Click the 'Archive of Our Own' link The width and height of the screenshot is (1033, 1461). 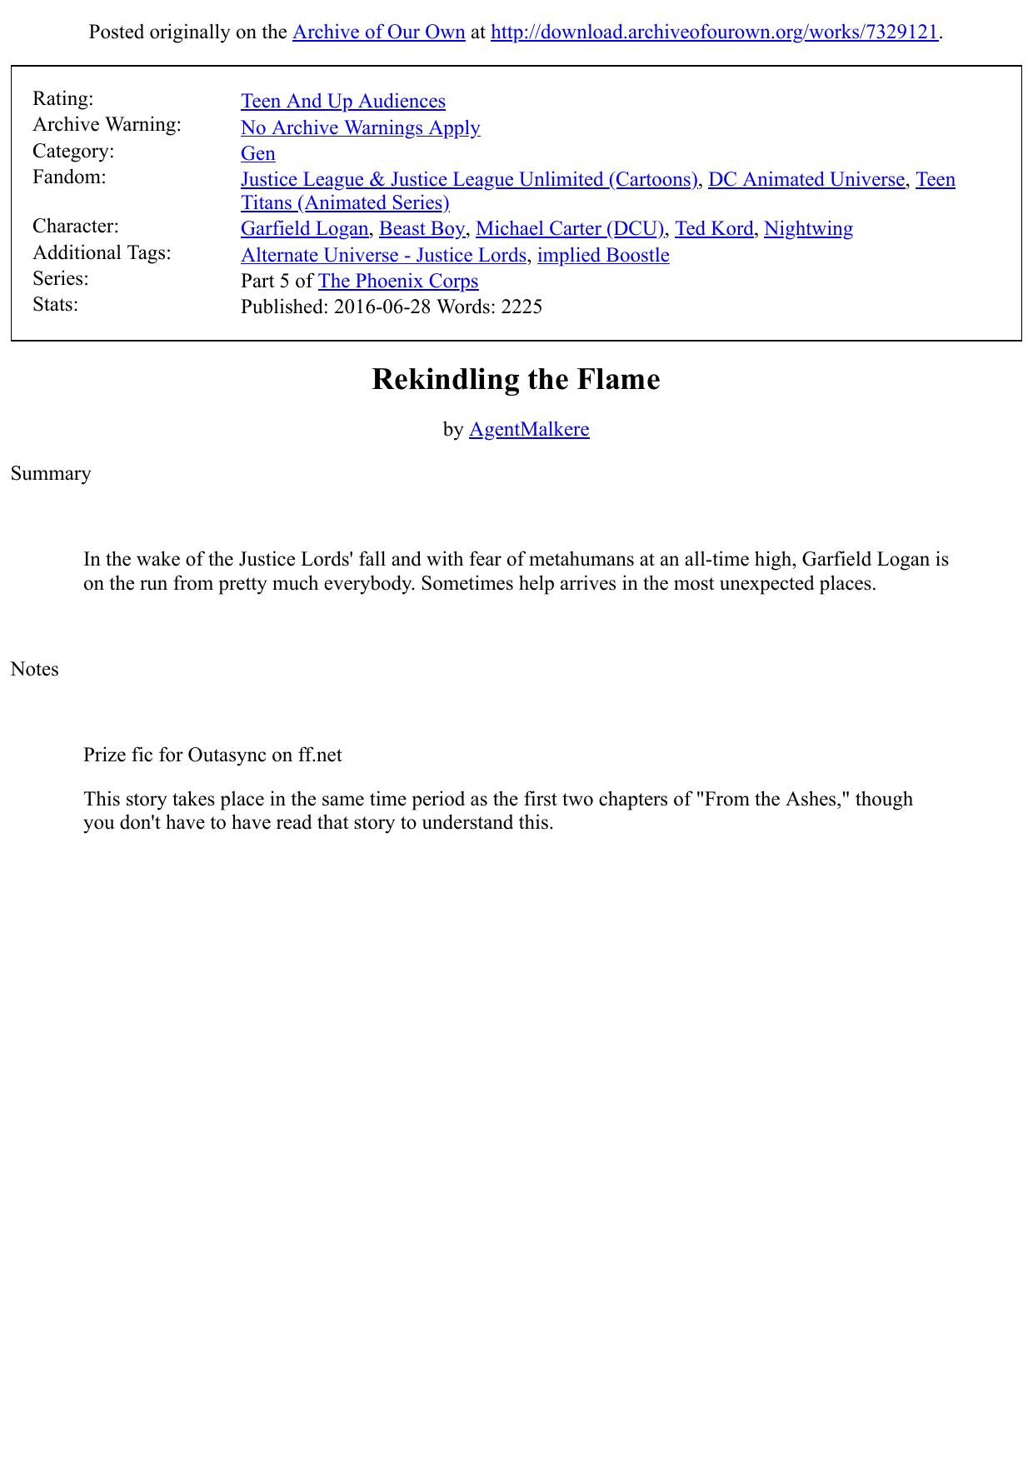[x=378, y=32]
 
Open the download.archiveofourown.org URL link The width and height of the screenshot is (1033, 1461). [x=714, y=32]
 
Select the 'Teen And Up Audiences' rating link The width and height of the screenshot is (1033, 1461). [x=342, y=102]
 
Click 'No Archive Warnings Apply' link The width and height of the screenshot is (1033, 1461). [x=360, y=127]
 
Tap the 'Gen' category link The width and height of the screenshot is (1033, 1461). [x=257, y=154]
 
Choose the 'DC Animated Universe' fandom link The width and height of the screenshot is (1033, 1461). [x=806, y=180]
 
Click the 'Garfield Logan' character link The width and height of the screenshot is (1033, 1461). [x=304, y=229]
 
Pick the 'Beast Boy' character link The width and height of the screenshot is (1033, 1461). [x=422, y=229]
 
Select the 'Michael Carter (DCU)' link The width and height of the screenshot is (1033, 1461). [x=570, y=229]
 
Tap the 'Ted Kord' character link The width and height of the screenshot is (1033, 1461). [x=713, y=229]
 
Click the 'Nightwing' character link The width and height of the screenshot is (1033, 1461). [x=808, y=229]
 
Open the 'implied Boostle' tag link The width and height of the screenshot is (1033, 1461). [x=603, y=256]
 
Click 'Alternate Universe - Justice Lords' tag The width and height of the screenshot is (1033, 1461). [x=383, y=256]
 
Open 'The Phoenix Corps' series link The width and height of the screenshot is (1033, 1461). [x=398, y=282]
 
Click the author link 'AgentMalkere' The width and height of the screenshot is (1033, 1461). [x=529, y=430]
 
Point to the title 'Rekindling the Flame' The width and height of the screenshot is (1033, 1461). [x=516, y=380]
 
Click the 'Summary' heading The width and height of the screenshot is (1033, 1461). [x=51, y=474]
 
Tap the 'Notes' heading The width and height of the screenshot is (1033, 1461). [x=35, y=670]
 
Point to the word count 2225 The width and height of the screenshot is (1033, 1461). [x=521, y=307]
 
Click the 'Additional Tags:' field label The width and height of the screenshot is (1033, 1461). [x=102, y=252]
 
